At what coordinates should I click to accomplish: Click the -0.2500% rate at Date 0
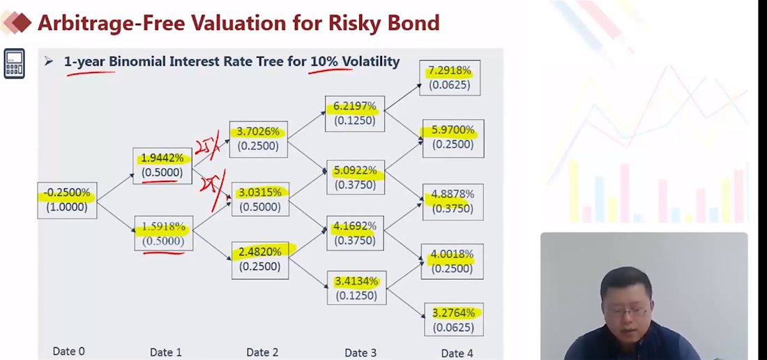67,193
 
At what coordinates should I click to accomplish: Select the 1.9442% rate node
162,158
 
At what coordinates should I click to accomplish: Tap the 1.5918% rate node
163,227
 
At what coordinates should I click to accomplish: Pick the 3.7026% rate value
258,131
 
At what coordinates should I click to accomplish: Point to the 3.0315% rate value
259,193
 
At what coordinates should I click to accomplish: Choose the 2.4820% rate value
259,252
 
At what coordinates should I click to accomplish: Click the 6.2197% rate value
355,106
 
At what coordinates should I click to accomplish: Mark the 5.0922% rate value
355,170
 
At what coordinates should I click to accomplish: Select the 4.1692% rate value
355,226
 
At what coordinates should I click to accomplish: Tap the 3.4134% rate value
356,281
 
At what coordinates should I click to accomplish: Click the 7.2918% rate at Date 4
450,70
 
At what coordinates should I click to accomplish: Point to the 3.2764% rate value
453,313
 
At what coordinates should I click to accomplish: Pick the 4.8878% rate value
453,194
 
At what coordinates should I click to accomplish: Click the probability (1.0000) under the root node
67,207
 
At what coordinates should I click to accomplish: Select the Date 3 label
360,353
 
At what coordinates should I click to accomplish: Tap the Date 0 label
69,352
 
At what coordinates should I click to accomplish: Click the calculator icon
14,63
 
